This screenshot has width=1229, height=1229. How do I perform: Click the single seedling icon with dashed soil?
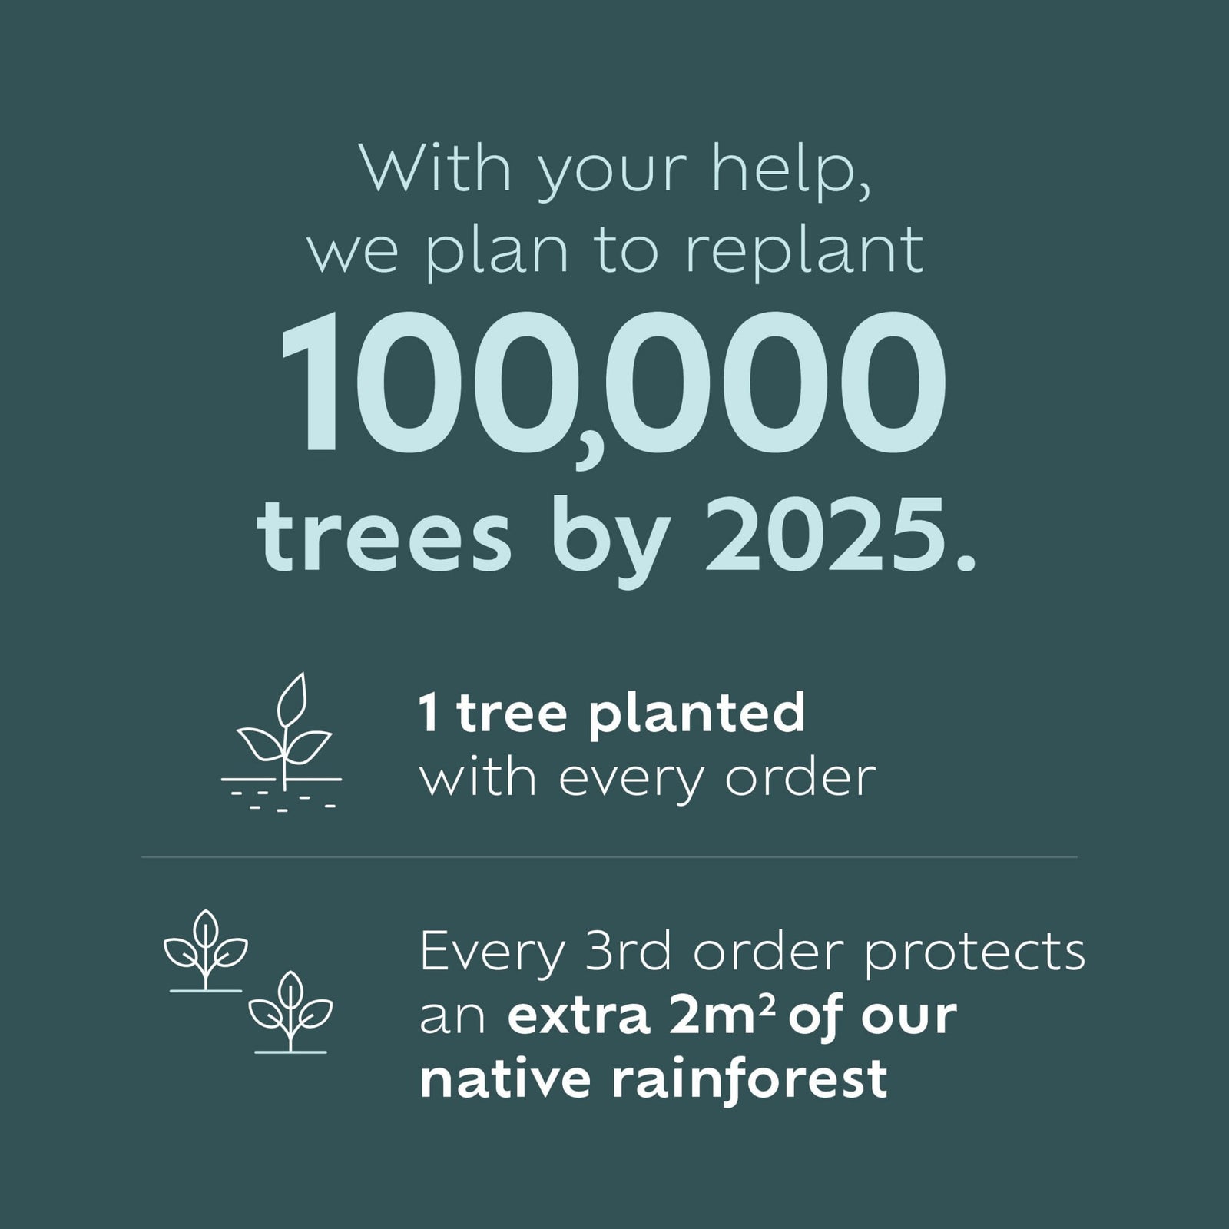pyautogui.click(x=283, y=740)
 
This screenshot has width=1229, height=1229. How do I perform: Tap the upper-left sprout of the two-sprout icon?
pyautogui.click(x=205, y=951)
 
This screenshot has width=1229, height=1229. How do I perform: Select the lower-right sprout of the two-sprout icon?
pyautogui.click(x=290, y=1012)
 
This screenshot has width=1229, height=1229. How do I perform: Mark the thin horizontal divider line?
pyautogui.click(x=609, y=856)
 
